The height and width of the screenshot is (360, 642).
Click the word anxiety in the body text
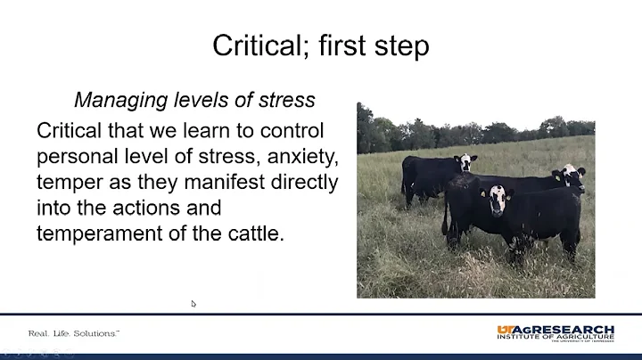coord(299,157)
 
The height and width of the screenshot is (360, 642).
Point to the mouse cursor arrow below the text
coord(193,304)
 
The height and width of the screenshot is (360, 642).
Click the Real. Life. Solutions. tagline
coord(74,333)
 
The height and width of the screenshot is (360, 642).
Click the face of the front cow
coord(498,200)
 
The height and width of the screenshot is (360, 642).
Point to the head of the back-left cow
coord(465,162)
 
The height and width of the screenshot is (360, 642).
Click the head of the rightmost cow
coord(571,176)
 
